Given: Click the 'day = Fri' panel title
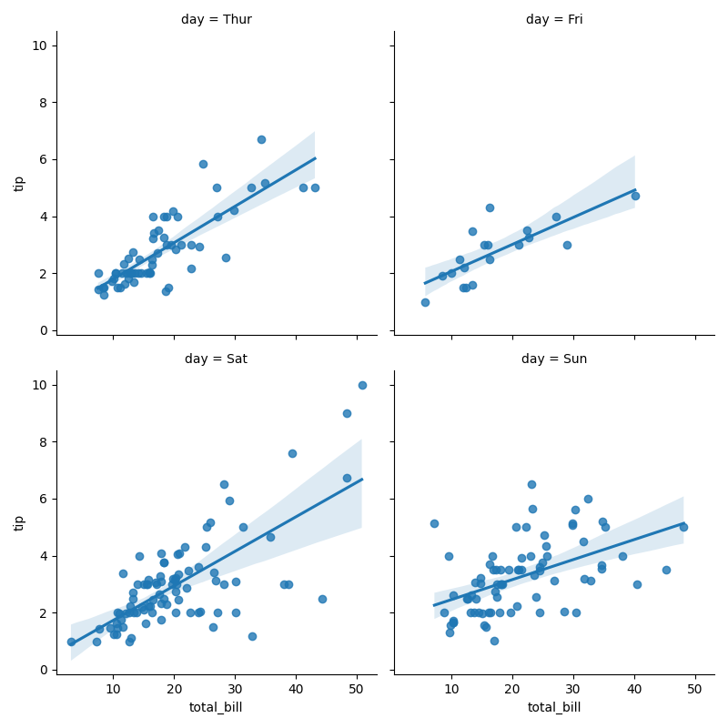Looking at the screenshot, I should click(555, 19).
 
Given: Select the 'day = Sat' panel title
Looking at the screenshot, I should click(216, 359).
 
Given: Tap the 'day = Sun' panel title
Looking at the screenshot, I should click(554, 359).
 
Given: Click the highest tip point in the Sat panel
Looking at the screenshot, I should click(362, 385).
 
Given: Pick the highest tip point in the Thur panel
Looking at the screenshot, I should click(261, 139).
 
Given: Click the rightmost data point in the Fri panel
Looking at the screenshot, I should click(635, 196).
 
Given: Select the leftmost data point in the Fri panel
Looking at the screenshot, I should click(425, 302).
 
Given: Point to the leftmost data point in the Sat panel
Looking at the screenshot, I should click(71, 642).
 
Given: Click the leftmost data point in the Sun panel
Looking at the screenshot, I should click(434, 523).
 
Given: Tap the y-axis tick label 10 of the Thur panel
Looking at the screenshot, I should click(38, 45).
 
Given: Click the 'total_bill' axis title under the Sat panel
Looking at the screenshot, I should click(216, 707).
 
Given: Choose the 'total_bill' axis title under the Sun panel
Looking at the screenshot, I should click(554, 707).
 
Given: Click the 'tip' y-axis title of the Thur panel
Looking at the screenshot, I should click(19, 184).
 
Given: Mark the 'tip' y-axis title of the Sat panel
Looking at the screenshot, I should click(19, 523).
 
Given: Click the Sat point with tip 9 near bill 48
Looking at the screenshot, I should click(347, 413).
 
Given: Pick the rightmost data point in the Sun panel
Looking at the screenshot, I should click(683, 527).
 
